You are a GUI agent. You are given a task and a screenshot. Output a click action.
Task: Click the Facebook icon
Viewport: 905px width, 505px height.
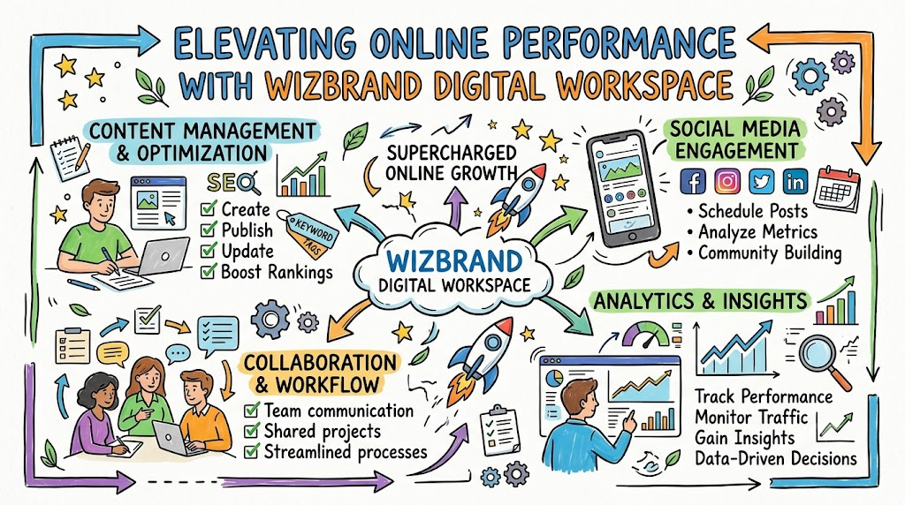(x=693, y=182)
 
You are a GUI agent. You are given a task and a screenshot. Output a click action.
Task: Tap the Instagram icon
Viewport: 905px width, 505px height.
(x=727, y=182)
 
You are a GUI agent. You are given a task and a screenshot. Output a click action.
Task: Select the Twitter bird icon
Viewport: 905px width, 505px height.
(x=761, y=182)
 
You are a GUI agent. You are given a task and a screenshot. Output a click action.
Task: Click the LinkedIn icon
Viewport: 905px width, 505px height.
(x=795, y=182)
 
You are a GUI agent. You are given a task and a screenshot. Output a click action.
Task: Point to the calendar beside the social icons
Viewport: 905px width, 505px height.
(x=837, y=189)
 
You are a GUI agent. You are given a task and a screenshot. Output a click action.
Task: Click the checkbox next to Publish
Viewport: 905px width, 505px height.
(x=209, y=230)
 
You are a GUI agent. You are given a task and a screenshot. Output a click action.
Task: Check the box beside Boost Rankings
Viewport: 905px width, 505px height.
(x=209, y=271)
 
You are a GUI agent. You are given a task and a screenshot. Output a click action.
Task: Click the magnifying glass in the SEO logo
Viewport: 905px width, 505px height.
(x=248, y=184)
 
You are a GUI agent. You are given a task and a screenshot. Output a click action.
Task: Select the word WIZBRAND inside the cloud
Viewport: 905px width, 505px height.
(x=454, y=261)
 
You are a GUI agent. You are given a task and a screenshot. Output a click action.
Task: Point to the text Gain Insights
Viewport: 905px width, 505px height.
(x=744, y=438)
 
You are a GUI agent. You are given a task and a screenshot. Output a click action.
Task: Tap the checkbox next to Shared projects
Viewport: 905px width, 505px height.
(x=252, y=431)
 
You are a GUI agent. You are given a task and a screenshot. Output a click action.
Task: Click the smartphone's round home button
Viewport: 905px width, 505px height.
(x=632, y=237)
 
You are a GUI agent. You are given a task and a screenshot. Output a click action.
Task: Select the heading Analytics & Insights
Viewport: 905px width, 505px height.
(x=700, y=301)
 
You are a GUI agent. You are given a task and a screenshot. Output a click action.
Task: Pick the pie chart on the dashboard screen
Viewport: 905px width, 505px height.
(x=555, y=378)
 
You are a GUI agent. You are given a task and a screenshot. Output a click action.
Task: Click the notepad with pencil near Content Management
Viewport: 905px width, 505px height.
(x=70, y=156)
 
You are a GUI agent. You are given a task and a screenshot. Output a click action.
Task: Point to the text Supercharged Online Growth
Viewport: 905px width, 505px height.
(x=452, y=162)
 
